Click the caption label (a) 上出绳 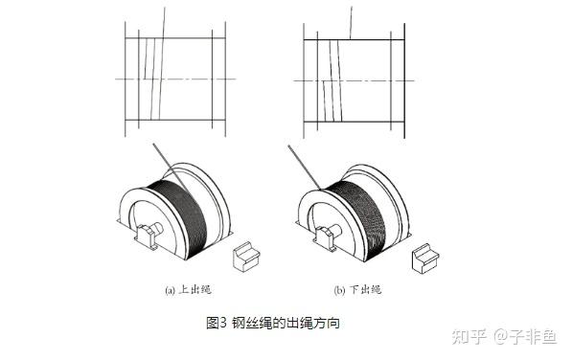[x=188, y=290]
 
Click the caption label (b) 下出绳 [x=358, y=290]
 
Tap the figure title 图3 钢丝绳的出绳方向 [x=273, y=323]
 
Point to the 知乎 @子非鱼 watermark [x=504, y=336]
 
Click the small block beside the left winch [x=246, y=257]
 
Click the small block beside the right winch [x=425, y=259]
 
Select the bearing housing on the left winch [x=148, y=236]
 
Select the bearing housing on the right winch [x=328, y=237]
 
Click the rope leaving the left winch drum [x=171, y=168]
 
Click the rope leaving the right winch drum [x=305, y=168]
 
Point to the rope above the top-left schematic [x=164, y=22]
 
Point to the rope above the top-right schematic [x=351, y=23]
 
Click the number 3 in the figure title [x=223, y=323]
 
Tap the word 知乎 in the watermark [x=469, y=336]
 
